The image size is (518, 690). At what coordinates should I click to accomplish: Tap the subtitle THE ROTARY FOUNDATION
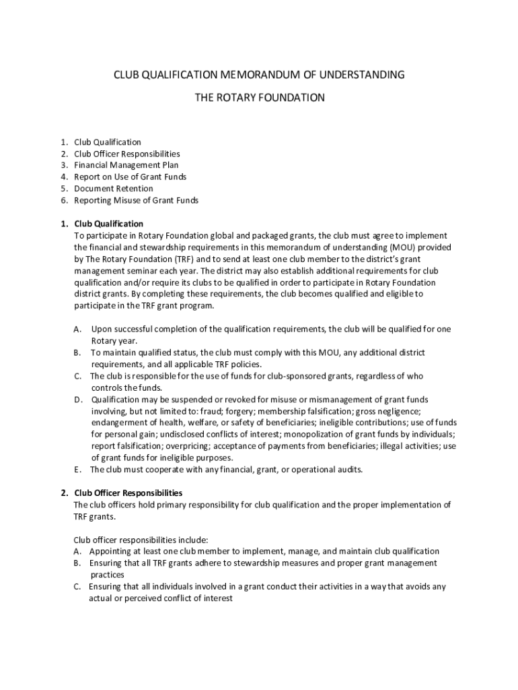pos(259,98)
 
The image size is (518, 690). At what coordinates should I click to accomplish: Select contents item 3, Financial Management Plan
pos(126,165)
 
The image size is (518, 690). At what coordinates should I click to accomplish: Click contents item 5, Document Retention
pos(113,189)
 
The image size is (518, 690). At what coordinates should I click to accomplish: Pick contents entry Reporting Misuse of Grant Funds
pos(136,200)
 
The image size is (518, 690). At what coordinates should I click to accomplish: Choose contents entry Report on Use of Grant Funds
pos(130,177)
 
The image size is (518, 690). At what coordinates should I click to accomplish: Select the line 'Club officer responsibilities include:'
pos(141,540)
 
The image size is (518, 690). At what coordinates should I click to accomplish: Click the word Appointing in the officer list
pos(110,551)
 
